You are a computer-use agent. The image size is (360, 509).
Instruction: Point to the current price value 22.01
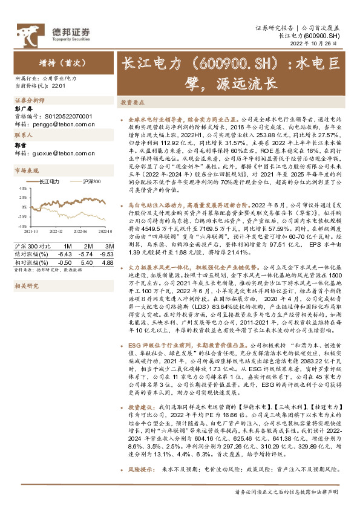tap(59, 86)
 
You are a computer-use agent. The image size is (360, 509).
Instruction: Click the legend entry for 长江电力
tap(47, 181)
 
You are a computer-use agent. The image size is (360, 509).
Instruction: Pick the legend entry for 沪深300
tap(90, 181)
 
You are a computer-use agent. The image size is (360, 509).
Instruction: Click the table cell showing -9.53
tap(106, 254)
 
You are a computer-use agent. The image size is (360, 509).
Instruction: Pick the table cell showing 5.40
tap(87, 262)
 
